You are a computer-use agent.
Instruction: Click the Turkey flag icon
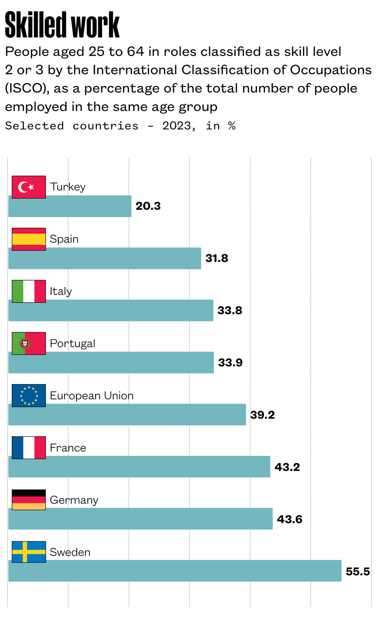tap(29, 187)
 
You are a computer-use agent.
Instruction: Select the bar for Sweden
tap(175, 570)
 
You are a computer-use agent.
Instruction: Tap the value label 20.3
tap(148, 206)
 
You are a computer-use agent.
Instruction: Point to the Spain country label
tap(64, 239)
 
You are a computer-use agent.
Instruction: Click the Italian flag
tap(29, 291)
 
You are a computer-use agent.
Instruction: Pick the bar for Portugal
tap(111, 362)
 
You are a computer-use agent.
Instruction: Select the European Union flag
tap(29, 395)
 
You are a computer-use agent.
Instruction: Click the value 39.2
tap(263, 415)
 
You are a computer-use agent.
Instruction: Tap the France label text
tap(68, 448)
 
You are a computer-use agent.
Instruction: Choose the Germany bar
tap(140, 518)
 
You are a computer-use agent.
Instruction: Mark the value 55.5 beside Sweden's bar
tap(358, 571)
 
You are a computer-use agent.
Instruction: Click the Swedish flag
tap(29, 552)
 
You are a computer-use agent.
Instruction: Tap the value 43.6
tap(290, 519)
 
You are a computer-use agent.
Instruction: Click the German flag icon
tap(29, 500)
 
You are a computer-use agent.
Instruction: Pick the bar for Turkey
tap(70, 206)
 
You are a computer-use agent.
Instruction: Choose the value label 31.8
tap(217, 258)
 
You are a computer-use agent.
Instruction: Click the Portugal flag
tap(29, 343)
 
